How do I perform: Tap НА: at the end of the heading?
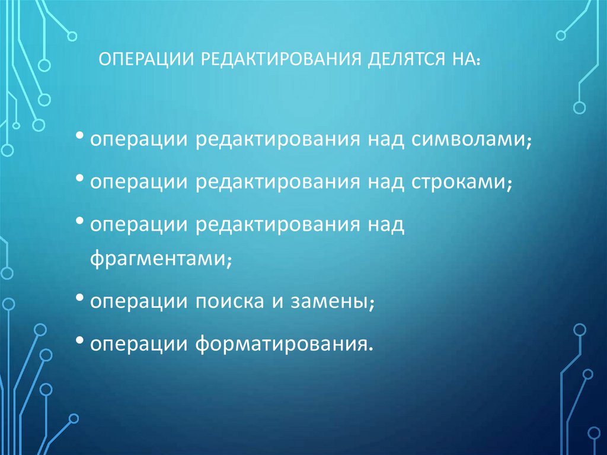[468, 61]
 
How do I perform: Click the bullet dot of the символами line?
[81, 138]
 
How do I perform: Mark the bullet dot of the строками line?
[81, 179]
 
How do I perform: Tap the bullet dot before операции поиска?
[81, 299]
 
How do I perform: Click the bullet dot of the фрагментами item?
[81, 221]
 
